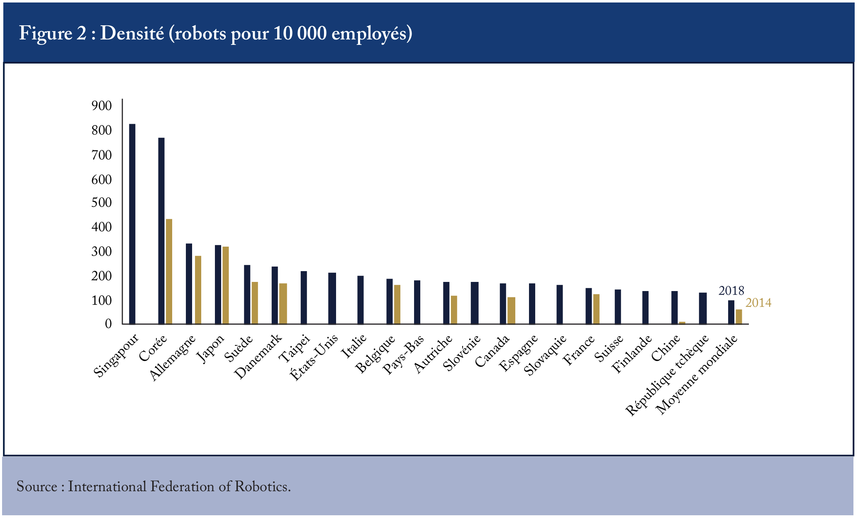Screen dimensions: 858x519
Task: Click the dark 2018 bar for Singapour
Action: pyautogui.click(x=132, y=224)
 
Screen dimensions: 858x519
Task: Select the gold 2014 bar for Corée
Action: pyautogui.click(x=169, y=271)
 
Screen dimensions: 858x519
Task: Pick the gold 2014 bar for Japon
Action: pyautogui.click(x=226, y=285)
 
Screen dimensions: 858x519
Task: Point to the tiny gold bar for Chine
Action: pyautogui.click(x=682, y=323)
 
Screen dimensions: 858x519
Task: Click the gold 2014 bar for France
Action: pyautogui.click(x=596, y=309)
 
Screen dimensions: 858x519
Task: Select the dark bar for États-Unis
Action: pyautogui.click(x=332, y=298)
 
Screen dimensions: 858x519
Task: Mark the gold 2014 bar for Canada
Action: pyautogui.click(x=512, y=311)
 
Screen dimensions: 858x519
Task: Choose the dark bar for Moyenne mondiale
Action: pyautogui.click(x=731, y=312)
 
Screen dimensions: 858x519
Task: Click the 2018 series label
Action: pyautogui.click(x=731, y=291)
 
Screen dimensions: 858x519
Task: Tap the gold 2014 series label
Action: pyautogui.click(x=758, y=303)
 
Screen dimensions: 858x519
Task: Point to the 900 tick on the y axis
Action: pyautogui.click(x=102, y=106)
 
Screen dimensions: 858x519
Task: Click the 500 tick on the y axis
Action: pyautogui.click(x=102, y=203)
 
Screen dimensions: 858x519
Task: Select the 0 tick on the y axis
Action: pyautogui.click(x=109, y=324)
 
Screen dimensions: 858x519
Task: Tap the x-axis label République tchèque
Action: pyautogui.click(x=667, y=375)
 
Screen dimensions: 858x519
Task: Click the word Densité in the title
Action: pyautogui.click(x=132, y=33)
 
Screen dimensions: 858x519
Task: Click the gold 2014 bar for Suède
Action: pyautogui.click(x=255, y=303)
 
